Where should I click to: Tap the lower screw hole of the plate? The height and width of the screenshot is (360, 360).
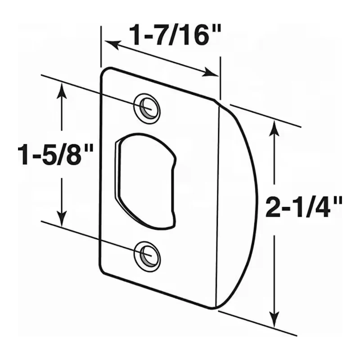147,255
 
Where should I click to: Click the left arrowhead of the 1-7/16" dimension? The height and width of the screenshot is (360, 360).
111,44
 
